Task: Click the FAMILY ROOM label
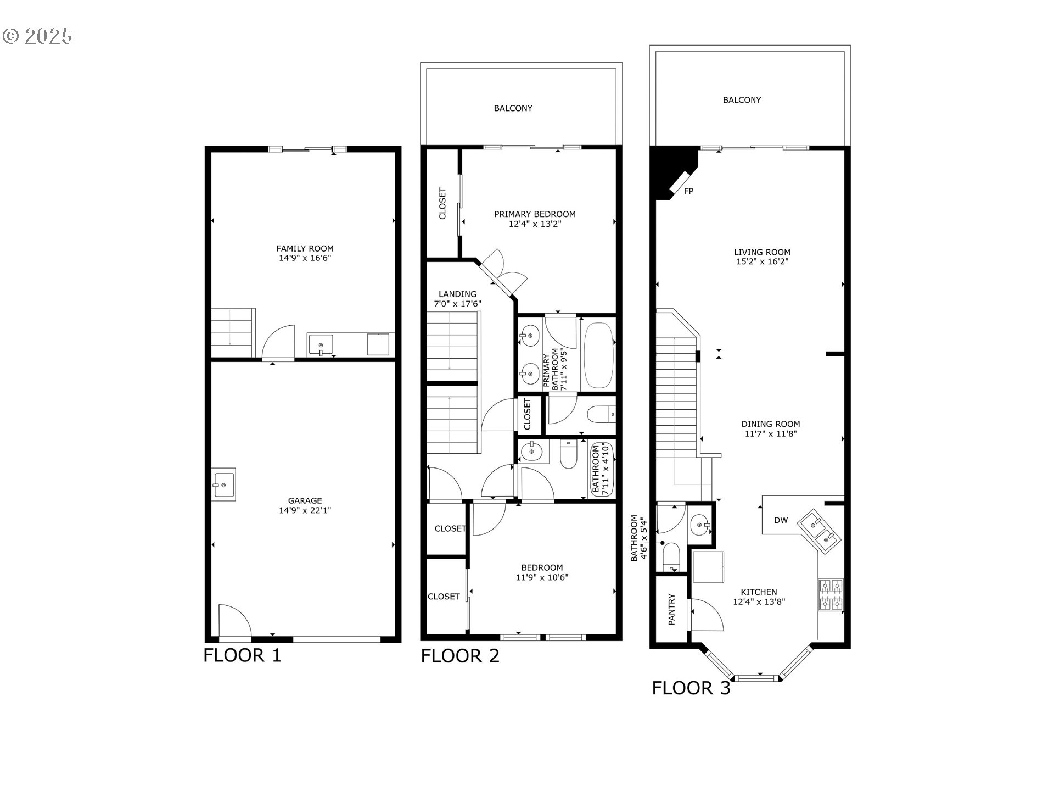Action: pos(305,248)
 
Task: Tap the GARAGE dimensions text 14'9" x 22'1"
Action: pos(305,510)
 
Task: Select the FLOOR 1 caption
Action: pos(242,655)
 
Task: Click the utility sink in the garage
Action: pos(223,484)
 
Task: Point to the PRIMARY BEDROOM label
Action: pos(535,214)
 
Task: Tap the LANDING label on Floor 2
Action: pos(457,294)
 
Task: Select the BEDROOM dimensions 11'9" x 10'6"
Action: pos(542,577)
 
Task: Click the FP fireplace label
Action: pos(688,191)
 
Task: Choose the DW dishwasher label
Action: pos(781,520)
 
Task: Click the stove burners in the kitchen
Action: pos(831,595)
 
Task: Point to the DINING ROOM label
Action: pos(771,424)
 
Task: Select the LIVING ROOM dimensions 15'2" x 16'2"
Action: pos(762,261)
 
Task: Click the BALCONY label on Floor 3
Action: pos(742,100)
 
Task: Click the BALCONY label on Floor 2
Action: pos(513,108)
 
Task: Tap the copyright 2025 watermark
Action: pos(37,36)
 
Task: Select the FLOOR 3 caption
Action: pos(691,688)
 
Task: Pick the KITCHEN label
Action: pos(759,592)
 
